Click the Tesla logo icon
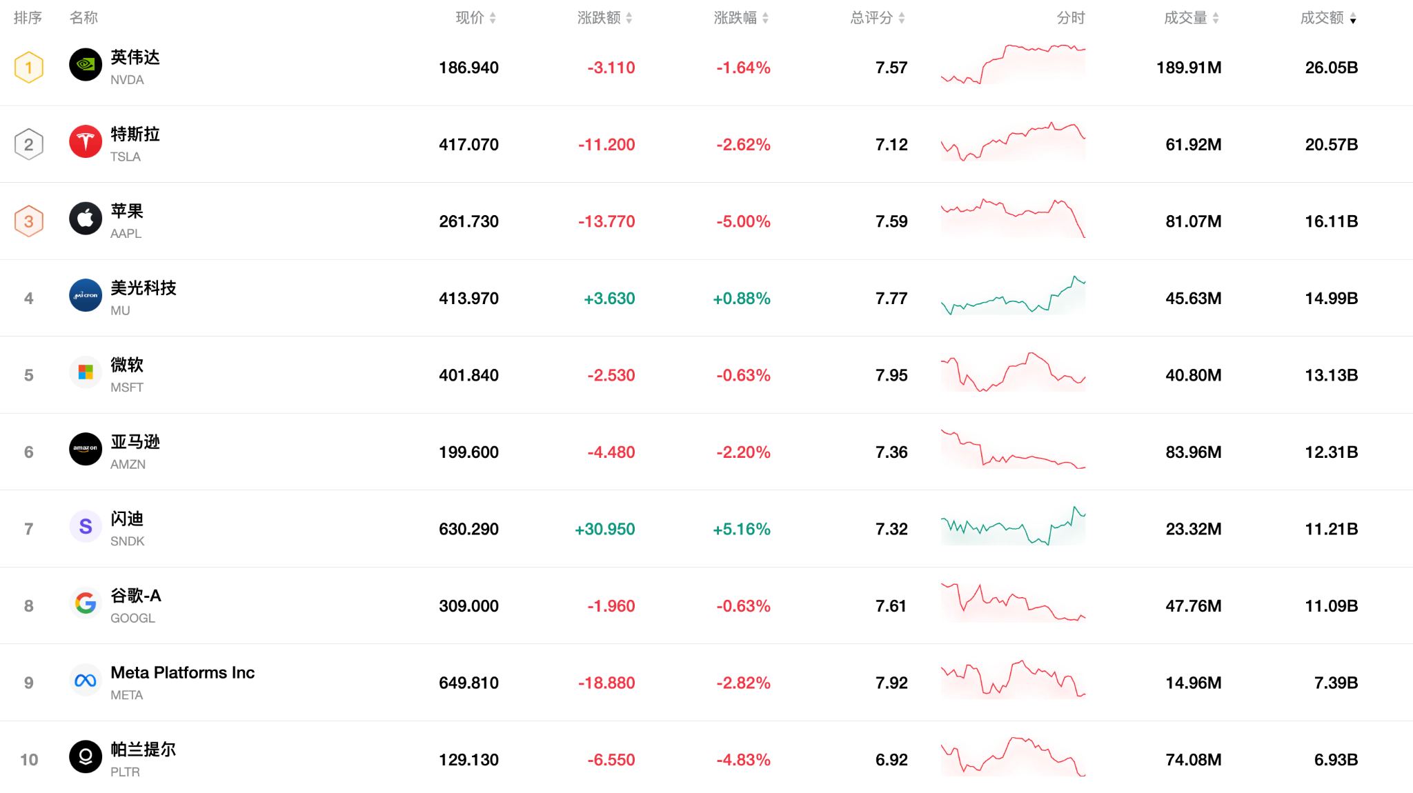tap(86, 141)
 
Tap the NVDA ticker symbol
tap(127, 80)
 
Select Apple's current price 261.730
tap(468, 221)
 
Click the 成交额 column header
tap(1322, 18)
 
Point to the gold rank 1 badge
tap(29, 68)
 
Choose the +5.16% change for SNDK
tap(742, 529)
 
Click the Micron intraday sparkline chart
tap(1013, 297)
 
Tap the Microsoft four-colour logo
tap(86, 372)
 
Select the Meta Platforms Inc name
tap(183, 672)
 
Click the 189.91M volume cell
tap(1189, 68)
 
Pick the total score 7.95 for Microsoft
tap(891, 375)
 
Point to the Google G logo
tap(86, 603)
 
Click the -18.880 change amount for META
tap(606, 683)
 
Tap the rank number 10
tap(29, 760)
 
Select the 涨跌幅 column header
tap(735, 18)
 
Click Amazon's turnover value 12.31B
tap(1331, 452)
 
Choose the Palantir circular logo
tap(86, 756)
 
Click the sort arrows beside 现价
tap(493, 19)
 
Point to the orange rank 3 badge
tap(29, 221)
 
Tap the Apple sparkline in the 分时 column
tap(1013, 218)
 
